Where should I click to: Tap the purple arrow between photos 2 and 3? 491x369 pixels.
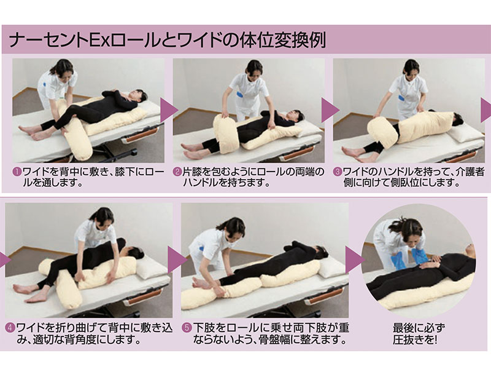click(330, 109)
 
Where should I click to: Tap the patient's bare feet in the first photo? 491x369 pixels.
click(28, 131)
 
